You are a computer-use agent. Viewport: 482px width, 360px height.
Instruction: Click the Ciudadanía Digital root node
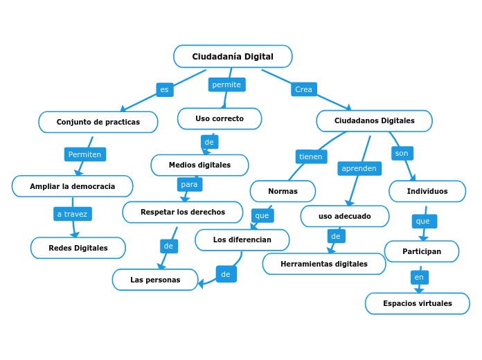(233, 57)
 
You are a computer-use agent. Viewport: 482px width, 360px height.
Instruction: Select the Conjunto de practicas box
(98, 122)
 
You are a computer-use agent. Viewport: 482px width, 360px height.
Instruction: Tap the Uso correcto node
(220, 118)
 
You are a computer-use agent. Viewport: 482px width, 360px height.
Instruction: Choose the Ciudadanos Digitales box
(374, 120)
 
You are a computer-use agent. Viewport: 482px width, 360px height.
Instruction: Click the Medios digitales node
(199, 165)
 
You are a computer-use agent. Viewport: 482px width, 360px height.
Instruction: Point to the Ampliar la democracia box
(73, 186)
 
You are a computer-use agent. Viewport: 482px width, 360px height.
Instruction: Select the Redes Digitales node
(78, 248)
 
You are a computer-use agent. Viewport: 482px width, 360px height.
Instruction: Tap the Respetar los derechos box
(183, 212)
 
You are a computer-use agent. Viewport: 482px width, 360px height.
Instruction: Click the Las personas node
(155, 280)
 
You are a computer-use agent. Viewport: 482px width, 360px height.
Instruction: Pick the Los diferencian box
(242, 240)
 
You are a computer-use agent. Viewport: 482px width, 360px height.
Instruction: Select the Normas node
(283, 191)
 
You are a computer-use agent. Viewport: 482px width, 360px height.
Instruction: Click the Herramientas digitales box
(324, 264)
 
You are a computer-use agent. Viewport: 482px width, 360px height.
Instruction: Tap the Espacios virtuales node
(418, 303)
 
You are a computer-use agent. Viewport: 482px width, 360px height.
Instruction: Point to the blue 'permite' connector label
(226, 84)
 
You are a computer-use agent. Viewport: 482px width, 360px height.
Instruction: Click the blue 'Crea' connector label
(303, 89)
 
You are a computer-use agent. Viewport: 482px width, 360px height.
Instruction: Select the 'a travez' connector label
(73, 214)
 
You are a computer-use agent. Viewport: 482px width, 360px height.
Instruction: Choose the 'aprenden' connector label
(359, 168)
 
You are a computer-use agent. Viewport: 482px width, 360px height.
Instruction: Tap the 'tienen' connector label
(310, 156)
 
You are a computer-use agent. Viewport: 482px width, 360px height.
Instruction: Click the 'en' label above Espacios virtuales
(419, 277)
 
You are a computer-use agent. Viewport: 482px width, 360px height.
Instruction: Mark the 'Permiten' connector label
(84, 154)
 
